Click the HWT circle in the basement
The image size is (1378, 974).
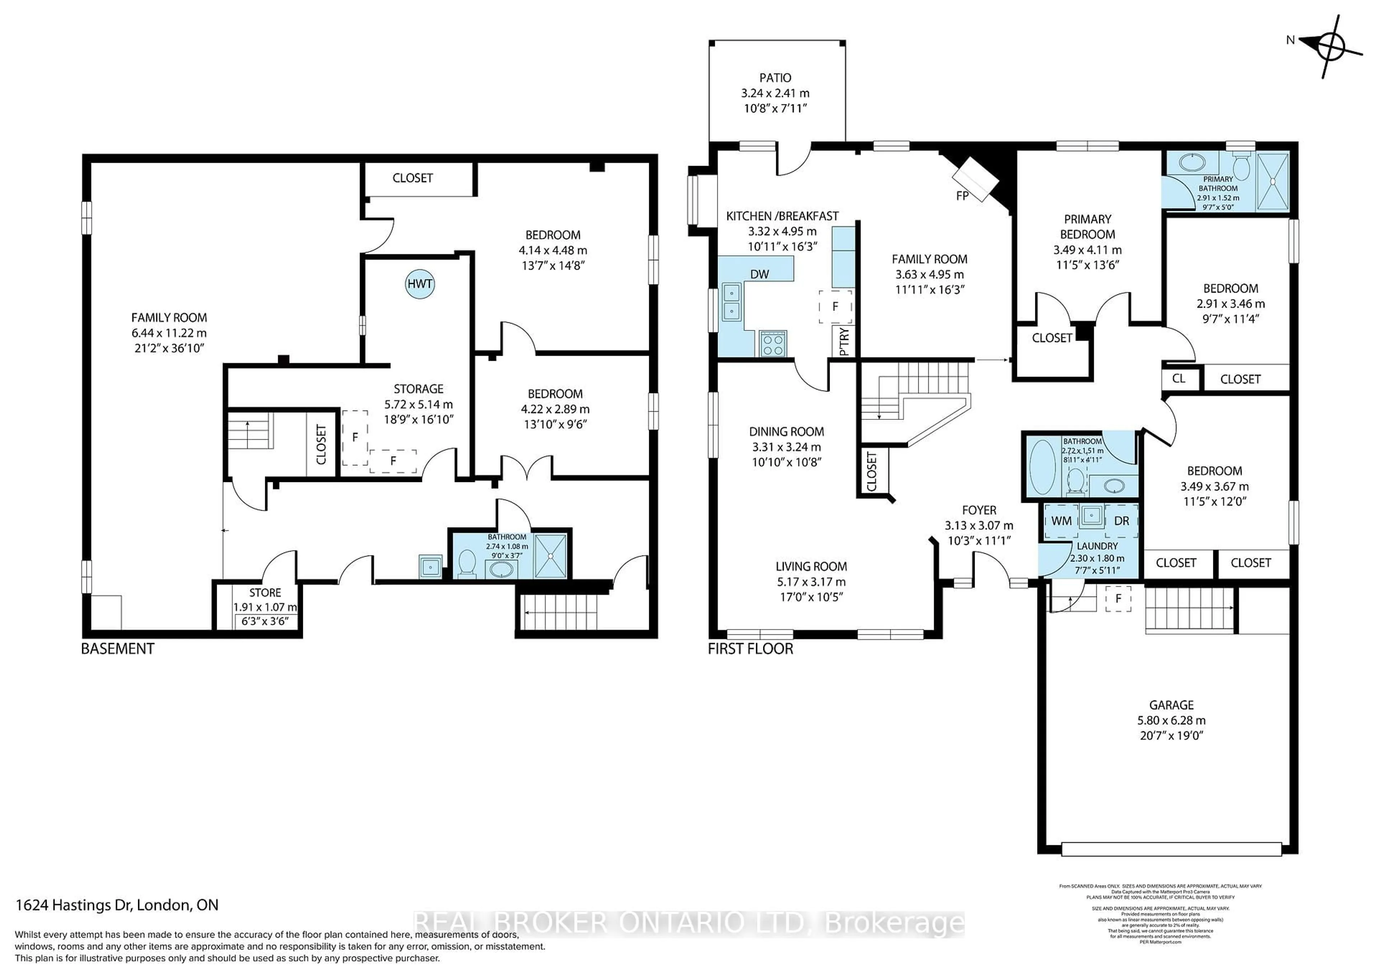(420, 284)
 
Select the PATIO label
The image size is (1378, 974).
(775, 78)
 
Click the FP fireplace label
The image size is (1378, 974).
(962, 195)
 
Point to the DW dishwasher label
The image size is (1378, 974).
(759, 274)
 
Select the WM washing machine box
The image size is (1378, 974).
(1061, 521)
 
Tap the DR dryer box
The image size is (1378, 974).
(1121, 521)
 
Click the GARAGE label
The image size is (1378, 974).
(1171, 705)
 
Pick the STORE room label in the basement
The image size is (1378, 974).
(265, 592)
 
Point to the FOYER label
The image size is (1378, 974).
(979, 510)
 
